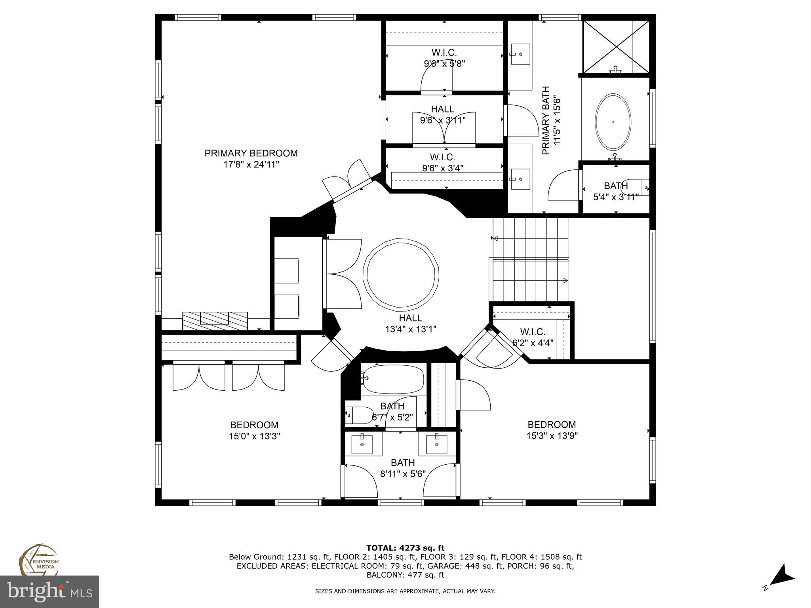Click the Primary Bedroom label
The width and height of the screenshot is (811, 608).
click(251, 154)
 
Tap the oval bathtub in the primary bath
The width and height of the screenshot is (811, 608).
click(613, 122)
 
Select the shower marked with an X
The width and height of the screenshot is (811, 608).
click(616, 47)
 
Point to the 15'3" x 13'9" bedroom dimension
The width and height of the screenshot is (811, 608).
click(552, 436)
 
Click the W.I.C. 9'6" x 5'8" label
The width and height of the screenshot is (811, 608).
click(444, 58)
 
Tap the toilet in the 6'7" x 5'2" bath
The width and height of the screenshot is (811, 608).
click(360, 415)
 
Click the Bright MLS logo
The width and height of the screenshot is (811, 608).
click(49, 591)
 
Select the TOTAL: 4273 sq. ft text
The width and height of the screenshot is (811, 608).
click(405, 548)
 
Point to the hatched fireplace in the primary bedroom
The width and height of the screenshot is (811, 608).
click(215, 321)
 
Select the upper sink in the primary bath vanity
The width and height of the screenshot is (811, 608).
click(520, 54)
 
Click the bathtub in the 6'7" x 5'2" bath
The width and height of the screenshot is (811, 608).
click(393, 379)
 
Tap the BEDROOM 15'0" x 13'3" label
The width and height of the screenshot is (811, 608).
click(254, 430)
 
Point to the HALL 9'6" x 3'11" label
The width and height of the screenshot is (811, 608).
click(443, 114)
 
